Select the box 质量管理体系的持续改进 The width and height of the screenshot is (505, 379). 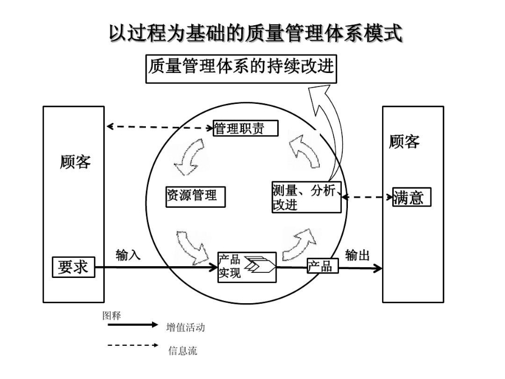pyautogui.click(x=241, y=68)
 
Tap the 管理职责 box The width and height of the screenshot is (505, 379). pyautogui.click(x=246, y=129)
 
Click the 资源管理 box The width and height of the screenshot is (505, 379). pyautogui.click(x=195, y=196)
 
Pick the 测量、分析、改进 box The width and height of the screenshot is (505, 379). pyautogui.click(x=306, y=198)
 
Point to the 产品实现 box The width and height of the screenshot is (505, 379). pyautogui.click(x=246, y=267)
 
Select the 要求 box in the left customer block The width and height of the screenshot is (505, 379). pyautogui.click(x=74, y=267)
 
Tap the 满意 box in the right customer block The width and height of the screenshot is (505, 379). pyautogui.click(x=411, y=197)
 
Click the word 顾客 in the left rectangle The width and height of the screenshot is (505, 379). pyautogui.click(x=75, y=162)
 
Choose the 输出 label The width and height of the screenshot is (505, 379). pyautogui.click(x=357, y=255)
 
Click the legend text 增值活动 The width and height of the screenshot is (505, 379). pyautogui.click(x=186, y=327)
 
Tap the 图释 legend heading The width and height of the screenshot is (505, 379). pyautogui.click(x=111, y=315)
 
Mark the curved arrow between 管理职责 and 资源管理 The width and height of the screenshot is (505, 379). pyautogui.click(x=189, y=157)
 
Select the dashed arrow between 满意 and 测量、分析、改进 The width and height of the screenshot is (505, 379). pyautogui.click(x=367, y=197)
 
